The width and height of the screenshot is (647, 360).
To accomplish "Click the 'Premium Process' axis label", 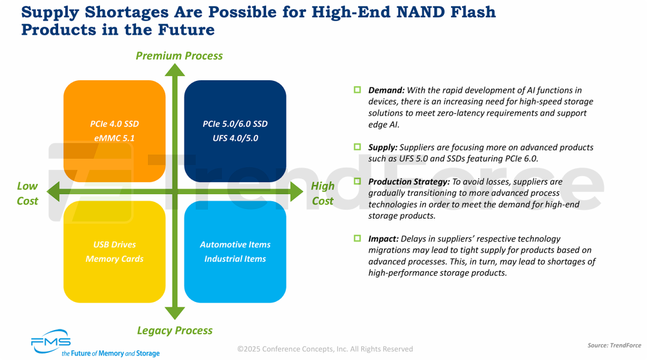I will coord(179,56).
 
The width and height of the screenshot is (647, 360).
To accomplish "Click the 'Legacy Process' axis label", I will coord(174,330).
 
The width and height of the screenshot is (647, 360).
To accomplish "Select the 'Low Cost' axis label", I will coord(28,193).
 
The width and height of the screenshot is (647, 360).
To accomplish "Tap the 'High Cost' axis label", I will coord(322,193).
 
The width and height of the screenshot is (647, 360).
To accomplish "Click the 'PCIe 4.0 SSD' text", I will coord(114,124).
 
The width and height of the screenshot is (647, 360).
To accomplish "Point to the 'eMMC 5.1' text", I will coord(114,138).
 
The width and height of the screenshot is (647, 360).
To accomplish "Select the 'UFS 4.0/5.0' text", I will coord(235,138).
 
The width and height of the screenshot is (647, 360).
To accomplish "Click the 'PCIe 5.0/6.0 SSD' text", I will coord(235,124).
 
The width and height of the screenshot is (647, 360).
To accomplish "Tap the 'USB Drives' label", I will coord(114,244).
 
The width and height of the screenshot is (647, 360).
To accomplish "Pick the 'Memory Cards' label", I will coord(114,259).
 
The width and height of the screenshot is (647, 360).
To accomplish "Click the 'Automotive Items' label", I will coord(235,244).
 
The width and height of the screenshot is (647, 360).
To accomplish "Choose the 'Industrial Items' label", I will coord(235,259).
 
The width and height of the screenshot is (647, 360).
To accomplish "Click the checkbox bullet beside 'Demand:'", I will coord(357,90).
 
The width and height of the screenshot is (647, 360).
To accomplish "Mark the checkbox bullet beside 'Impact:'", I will coord(357,238).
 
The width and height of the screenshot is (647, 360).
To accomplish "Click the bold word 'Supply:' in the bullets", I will coord(382,147).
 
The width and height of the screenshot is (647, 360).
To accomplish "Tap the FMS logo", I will coord(51,342).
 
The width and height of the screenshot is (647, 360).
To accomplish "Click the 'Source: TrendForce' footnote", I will coord(614,346).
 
